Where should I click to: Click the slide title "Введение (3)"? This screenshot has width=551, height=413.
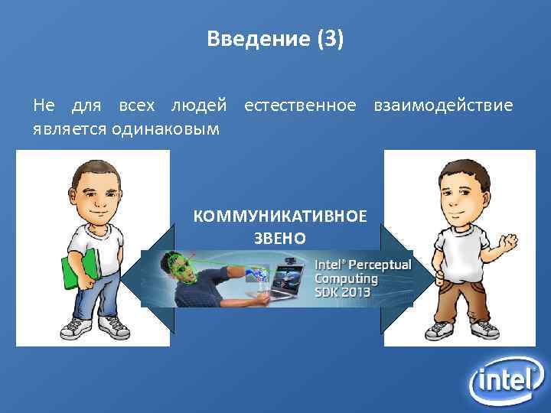[x=275, y=39]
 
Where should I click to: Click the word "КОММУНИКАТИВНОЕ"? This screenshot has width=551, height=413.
[x=280, y=216]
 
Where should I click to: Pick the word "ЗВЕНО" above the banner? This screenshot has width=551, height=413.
[x=280, y=238]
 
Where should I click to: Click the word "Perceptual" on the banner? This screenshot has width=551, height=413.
[x=380, y=265]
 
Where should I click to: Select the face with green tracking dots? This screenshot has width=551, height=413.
[x=181, y=268]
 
